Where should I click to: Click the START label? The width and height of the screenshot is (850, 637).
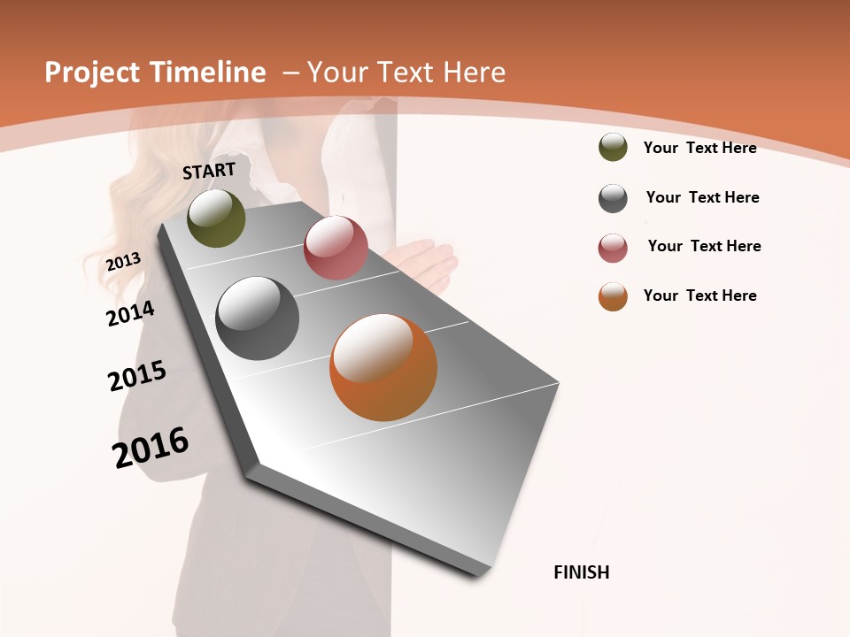point(209,171)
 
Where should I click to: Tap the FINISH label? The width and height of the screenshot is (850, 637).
point(582,572)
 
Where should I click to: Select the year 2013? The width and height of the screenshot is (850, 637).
point(124,261)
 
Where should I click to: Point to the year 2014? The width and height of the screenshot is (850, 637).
point(130,313)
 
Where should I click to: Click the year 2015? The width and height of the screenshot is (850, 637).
point(137,376)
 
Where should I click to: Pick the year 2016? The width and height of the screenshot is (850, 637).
point(151,447)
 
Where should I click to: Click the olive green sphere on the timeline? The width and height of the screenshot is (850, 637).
point(216,219)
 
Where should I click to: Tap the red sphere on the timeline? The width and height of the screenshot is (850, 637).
point(336,248)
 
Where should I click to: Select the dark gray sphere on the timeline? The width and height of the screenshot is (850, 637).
point(258,318)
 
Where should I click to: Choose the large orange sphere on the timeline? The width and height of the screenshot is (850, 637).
point(383,367)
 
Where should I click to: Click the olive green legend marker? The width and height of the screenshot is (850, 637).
point(613,147)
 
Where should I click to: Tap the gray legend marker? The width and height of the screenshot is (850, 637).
point(613,198)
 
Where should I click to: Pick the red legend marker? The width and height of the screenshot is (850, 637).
point(613,248)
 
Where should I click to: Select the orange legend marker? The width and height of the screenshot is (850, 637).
point(613,296)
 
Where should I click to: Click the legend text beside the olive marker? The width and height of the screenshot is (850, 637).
point(699,148)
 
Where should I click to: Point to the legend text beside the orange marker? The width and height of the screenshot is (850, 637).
point(699,295)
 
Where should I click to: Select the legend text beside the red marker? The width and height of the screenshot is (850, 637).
point(704,246)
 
